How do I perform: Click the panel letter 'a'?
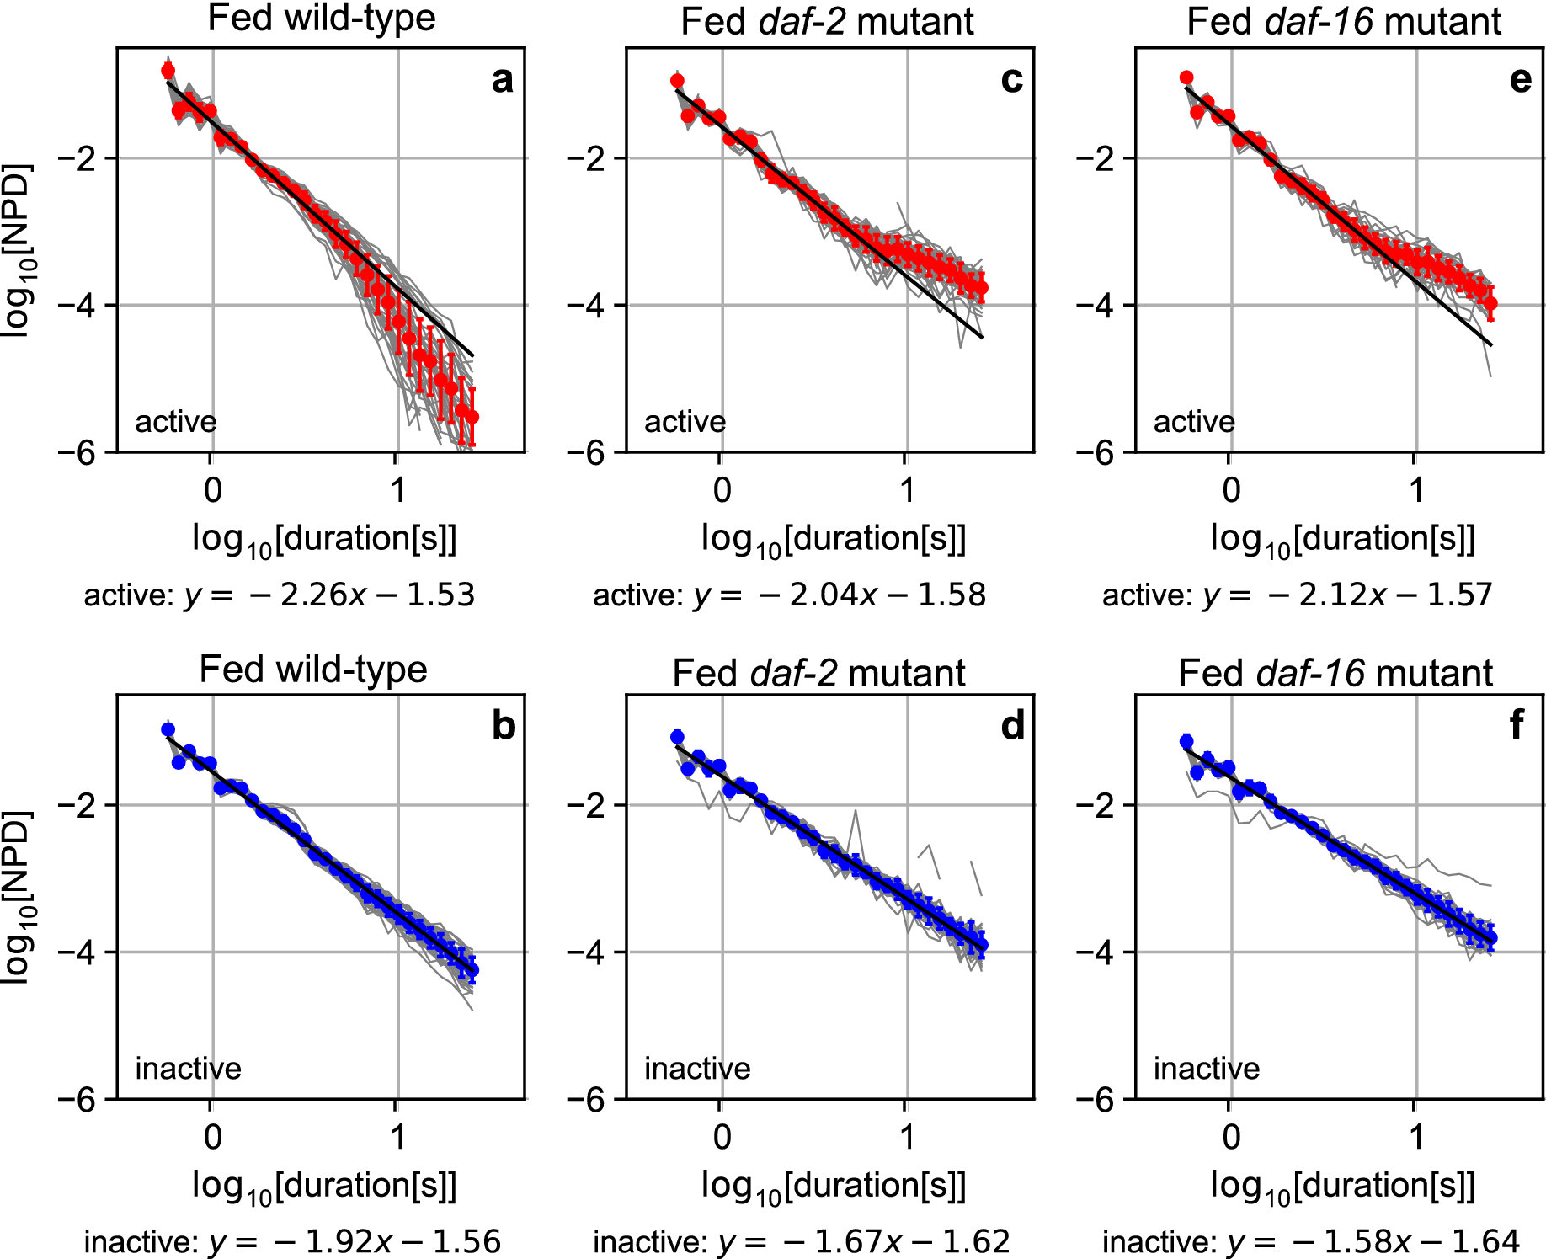pyautogui.click(x=502, y=81)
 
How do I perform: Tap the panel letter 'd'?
pyautogui.click(x=1012, y=726)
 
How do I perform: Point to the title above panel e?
pyautogui.click(x=1343, y=21)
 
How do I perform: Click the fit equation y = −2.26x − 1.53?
pyautogui.click(x=280, y=595)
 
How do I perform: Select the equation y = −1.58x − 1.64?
pyautogui.click(x=1310, y=1241)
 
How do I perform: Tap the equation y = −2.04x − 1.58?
pyautogui.click(x=789, y=595)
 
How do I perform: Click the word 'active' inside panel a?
pyautogui.click(x=176, y=421)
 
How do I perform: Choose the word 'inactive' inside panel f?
pyautogui.click(x=1206, y=1069)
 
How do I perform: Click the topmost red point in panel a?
pyautogui.click(x=168, y=70)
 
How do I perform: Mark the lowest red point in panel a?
pyautogui.click(x=472, y=417)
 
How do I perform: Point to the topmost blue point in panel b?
pyautogui.click(x=168, y=729)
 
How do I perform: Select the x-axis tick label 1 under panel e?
pyautogui.click(x=1416, y=490)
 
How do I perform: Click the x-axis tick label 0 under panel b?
pyautogui.click(x=212, y=1137)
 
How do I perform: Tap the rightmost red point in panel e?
pyautogui.click(x=1490, y=303)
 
